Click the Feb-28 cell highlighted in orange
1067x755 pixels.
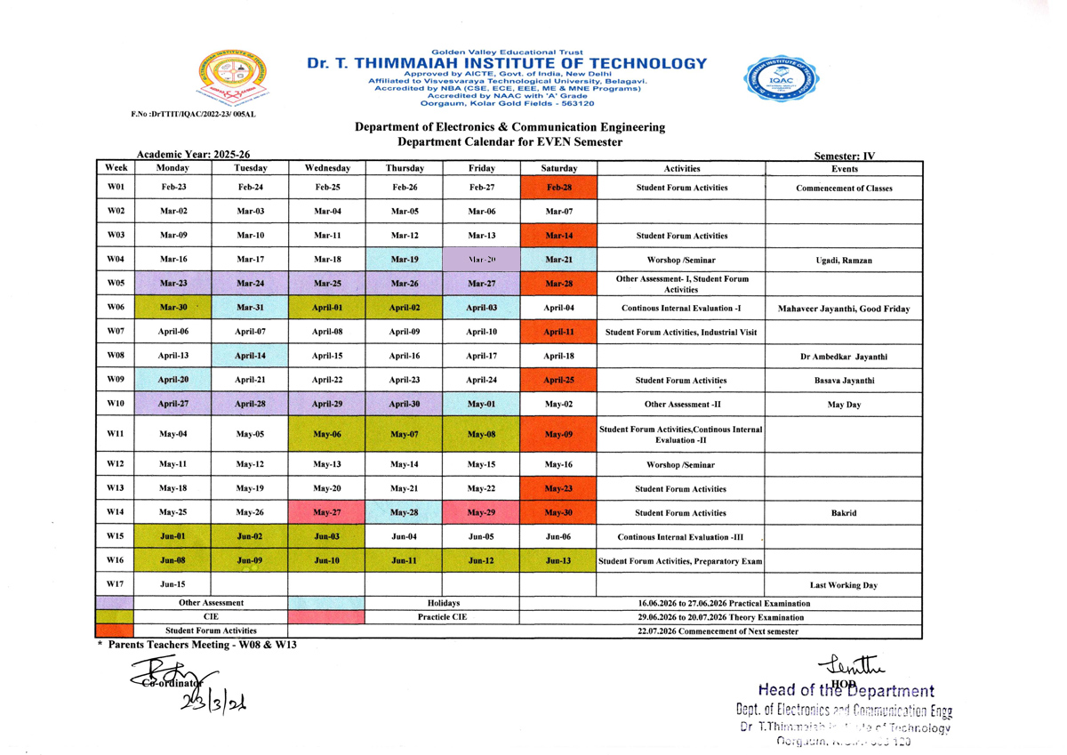[x=558, y=188]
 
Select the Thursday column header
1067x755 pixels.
[x=404, y=167]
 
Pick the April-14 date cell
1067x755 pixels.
[x=250, y=355]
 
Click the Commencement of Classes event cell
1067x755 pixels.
[x=844, y=189]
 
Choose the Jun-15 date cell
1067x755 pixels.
[x=172, y=584]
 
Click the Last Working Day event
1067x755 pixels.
[x=844, y=585]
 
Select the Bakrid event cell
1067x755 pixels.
[x=844, y=513]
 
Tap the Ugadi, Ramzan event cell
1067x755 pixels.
[x=844, y=261]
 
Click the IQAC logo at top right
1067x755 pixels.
[x=786, y=80]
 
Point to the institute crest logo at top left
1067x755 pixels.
[x=232, y=80]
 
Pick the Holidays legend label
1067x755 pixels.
[x=442, y=602]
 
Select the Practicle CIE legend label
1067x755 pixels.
[x=442, y=616]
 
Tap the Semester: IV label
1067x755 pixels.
[x=845, y=156]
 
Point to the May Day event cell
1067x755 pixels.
[x=844, y=404]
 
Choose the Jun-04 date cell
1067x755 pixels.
[x=404, y=537]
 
